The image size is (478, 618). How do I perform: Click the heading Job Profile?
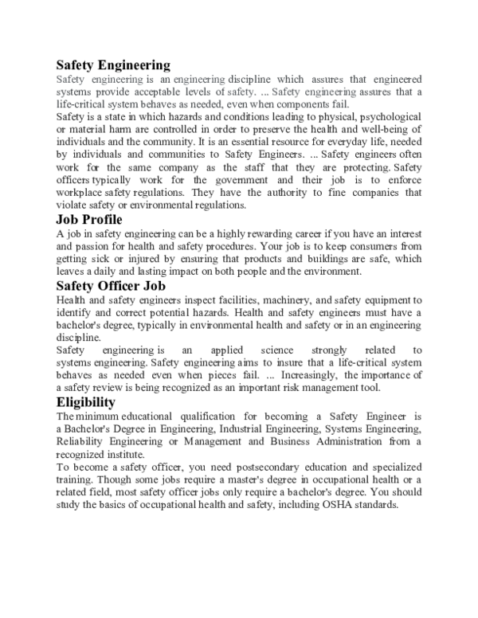coord(88,219)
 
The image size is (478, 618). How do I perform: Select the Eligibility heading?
coord(85,401)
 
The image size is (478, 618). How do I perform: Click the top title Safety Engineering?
coord(113,65)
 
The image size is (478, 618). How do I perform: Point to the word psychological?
coord(389,117)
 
